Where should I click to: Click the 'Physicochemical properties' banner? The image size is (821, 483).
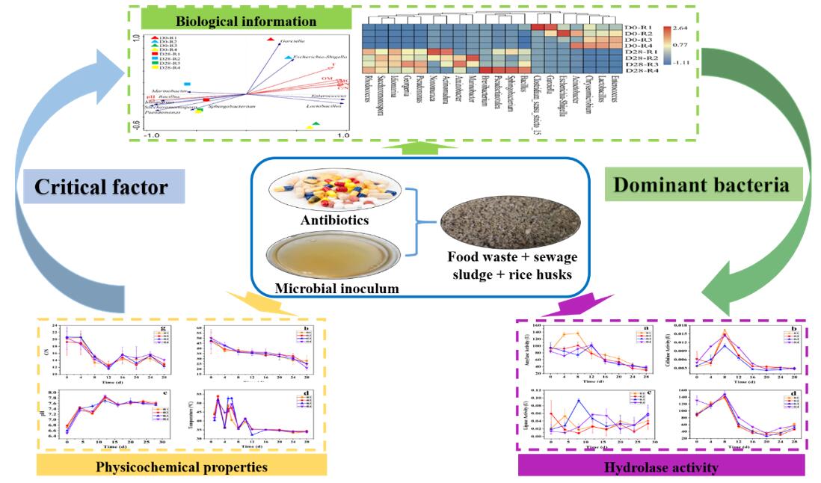(x=182, y=467)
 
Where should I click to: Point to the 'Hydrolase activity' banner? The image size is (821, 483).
(x=661, y=467)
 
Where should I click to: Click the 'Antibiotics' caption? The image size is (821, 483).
(x=336, y=222)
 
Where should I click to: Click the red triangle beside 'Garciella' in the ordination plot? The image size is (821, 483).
(x=271, y=40)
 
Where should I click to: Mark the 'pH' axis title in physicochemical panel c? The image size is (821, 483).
(x=46, y=412)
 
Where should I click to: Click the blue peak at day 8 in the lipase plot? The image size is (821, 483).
(x=577, y=400)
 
